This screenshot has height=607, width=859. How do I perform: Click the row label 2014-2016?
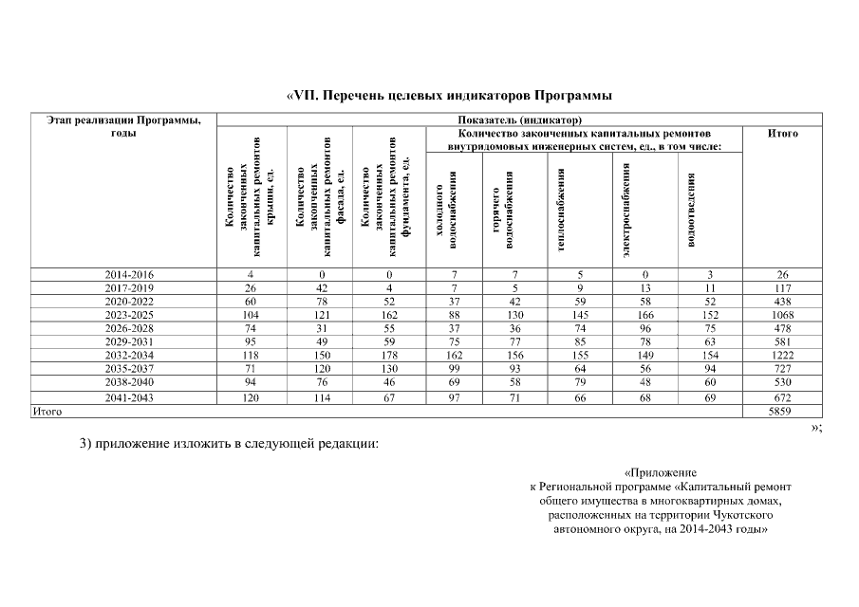tap(129, 275)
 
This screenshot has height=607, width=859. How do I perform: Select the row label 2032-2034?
tap(129, 355)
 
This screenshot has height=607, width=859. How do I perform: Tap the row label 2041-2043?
tap(129, 398)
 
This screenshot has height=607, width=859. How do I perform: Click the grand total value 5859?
tap(783, 413)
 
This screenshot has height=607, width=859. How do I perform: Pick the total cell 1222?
tap(783, 355)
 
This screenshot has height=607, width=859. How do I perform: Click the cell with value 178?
tap(389, 355)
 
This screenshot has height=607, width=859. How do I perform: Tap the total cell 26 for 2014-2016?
tap(783, 275)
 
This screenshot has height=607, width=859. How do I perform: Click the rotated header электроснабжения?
tap(627, 209)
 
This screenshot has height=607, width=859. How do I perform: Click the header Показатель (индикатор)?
tap(519, 120)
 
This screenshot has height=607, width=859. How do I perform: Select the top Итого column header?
tap(783, 134)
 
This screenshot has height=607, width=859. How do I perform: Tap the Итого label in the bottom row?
tap(48, 413)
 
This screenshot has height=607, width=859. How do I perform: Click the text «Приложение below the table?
tap(662, 472)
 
